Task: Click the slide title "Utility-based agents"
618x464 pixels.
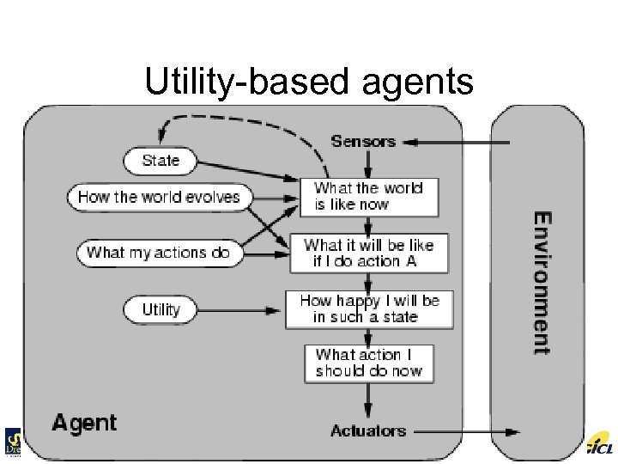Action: [309, 82]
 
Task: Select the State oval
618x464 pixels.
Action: [160, 160]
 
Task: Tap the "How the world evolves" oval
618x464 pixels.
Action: [159, 197]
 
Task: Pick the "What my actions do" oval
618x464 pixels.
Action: [159, 253]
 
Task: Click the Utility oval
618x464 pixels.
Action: [161, 309]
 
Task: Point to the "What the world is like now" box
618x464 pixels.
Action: [368, 197]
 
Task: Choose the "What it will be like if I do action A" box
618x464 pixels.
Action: [369, 253]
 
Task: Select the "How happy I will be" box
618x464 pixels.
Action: [369, 309]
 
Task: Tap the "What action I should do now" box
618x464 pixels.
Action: [369, 363]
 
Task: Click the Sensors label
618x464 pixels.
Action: [363, 141]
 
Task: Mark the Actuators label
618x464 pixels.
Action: [368, 431]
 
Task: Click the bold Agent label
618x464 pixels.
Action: [84, 423]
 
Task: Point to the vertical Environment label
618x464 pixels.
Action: [542, 283]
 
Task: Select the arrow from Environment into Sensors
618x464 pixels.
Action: [455, 142]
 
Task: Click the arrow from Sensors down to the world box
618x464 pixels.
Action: [368, 164]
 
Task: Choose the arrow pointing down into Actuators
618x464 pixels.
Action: [368, 400]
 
